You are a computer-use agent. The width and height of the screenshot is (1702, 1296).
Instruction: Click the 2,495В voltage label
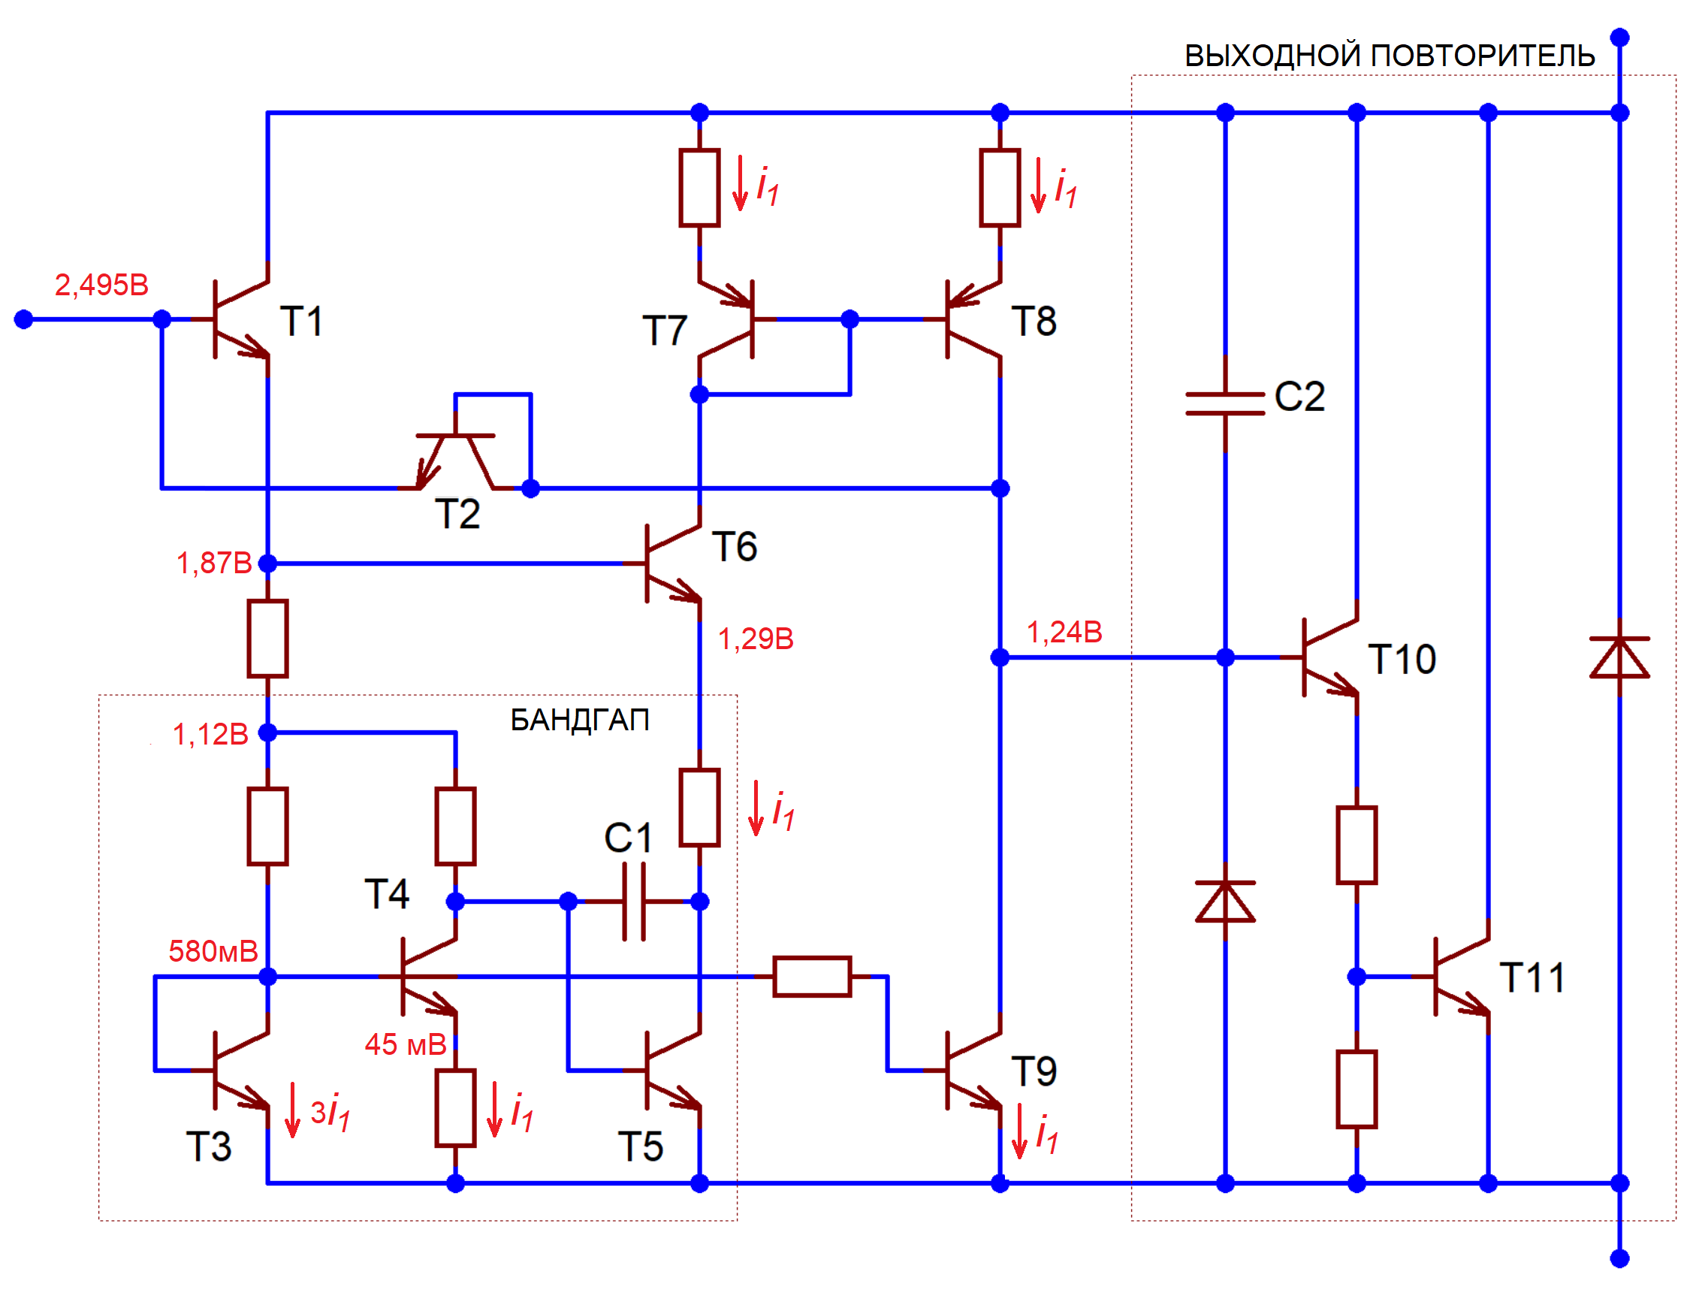101,285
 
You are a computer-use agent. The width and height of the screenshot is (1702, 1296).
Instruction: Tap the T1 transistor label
300,321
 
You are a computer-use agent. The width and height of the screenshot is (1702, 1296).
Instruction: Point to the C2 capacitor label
1299,397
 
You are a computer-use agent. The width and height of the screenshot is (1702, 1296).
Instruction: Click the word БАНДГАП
579,721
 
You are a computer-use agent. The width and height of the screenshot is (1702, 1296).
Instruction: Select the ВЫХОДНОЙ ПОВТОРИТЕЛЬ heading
1390,56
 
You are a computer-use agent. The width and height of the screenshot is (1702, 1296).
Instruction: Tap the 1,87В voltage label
213,564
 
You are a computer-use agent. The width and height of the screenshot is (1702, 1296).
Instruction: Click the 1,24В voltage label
1064,633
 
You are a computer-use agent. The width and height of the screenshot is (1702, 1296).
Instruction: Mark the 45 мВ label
406,1045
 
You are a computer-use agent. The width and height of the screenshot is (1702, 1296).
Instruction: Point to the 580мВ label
213,952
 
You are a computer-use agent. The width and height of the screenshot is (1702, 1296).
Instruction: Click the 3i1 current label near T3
330,1113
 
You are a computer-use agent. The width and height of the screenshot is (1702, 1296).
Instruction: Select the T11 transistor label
1531,979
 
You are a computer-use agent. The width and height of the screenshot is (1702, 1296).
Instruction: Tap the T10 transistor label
1402,660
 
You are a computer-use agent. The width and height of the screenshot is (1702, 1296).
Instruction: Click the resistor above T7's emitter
699,189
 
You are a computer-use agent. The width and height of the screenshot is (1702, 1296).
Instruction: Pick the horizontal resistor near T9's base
812,977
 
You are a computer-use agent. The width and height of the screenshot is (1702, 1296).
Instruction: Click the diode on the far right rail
1619,659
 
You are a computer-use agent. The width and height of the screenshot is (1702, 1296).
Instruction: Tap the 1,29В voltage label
756,639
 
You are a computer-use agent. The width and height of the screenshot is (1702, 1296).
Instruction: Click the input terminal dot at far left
24,319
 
